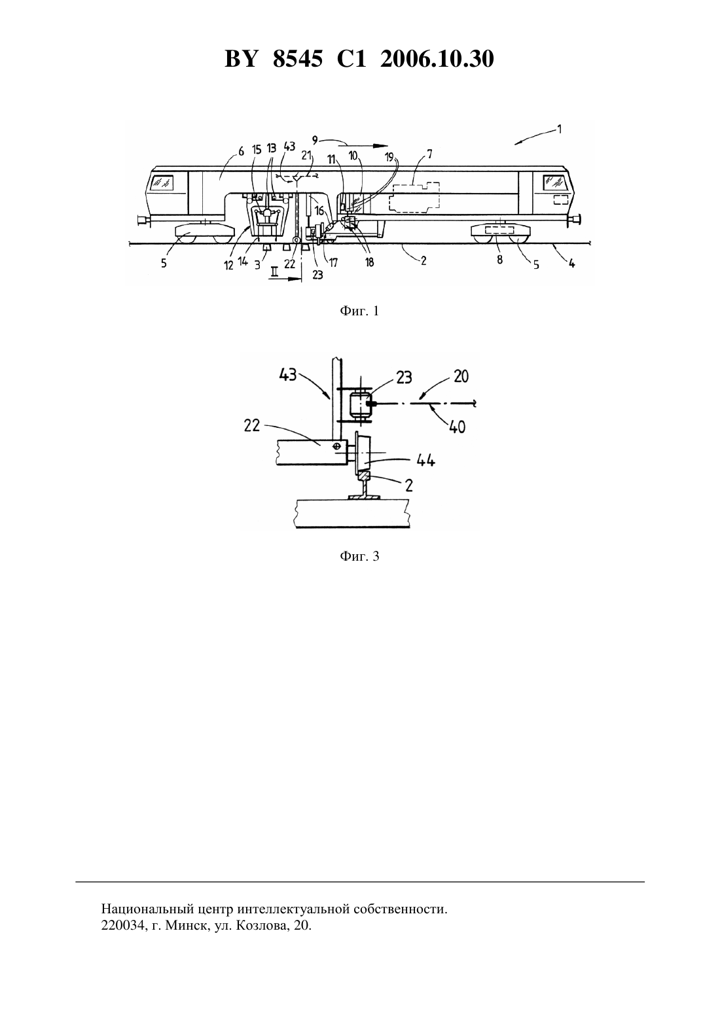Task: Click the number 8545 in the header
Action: pyautogui.click(x=298, y=59)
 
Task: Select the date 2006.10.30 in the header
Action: pyautogui.click(x=437, y=59)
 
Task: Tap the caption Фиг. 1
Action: pyautogui.click(x=359, y=311)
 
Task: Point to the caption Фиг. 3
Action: pyautogui.click(x=359, y=556)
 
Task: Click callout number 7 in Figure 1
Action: pyautogui.click(x=429, y=154)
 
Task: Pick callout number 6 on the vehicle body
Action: pyautogui.click(x=241, y=151)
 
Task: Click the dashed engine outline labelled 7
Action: pyautogui.click(x=414, y=197)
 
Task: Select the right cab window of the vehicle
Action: pyautogui.click(x=555, y=183)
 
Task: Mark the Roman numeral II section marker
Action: pyautogui.click(x=274, y=272)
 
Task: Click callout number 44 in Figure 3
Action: pyautogui.click(x=425, y=461)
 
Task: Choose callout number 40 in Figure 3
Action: pyautogui.click(x=457, y=427)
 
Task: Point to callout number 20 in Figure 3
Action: pyautogui.click(x=461, y=376)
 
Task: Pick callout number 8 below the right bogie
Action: pyautogui.click(x=499, y=260)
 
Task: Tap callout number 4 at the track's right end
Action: pyautogui.click(x=572, y=263)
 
